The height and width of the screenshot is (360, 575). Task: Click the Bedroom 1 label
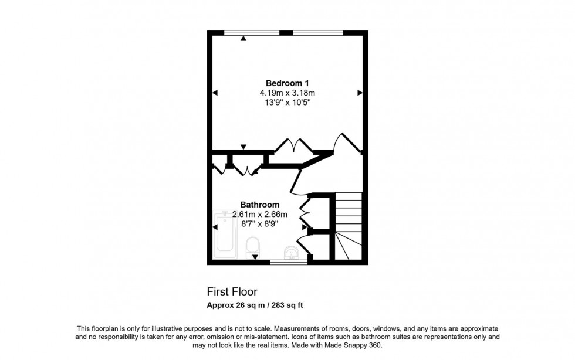click(x=287, y=82)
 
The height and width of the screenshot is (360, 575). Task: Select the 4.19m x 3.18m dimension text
click(x=287, y=93)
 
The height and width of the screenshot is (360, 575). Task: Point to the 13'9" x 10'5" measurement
click(x=287, y=103)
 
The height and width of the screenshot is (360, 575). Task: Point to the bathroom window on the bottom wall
click(x=289, y=262)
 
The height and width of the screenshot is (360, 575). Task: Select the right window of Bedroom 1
click(x=317, y=32)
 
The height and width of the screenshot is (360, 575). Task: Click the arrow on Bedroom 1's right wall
click(x=360, y=93)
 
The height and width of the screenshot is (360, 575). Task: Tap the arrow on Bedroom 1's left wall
click(x=215, y=93)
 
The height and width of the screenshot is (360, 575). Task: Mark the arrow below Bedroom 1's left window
click(x=243, y=39)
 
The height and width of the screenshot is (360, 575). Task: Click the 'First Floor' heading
click(x=232, y=291)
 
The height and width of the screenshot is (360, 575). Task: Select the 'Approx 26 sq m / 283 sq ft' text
click(x=255, y=305)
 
